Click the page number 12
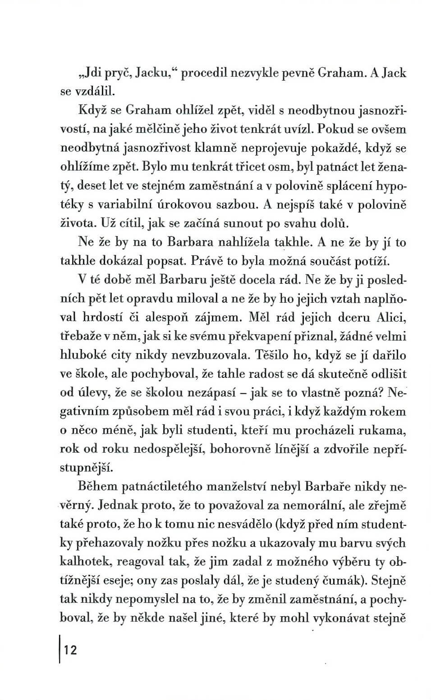point(71,650)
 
